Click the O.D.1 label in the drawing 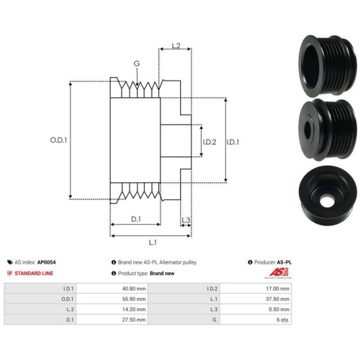coord(58,140)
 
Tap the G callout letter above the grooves coord(137,63)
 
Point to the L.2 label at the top coord(176,45)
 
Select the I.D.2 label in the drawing coord(210,142)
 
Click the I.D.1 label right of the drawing coord(233,142)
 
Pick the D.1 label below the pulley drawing coord(136,219)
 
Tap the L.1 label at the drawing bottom coord(153,243)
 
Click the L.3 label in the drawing coord(186,220)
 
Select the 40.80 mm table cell coord(134,289)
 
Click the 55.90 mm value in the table coord(134,299)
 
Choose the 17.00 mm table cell coord(277,289)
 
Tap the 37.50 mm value coord(277,299)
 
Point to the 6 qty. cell coord(283,320)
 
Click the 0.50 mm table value coord(279,310)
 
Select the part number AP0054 coord(46,262)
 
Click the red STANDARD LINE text coord(34,273)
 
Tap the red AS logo coord(279,273)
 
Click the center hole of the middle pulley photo coord(307,130)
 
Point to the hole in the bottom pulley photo coord(326,201)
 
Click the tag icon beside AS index coord(10,262)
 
